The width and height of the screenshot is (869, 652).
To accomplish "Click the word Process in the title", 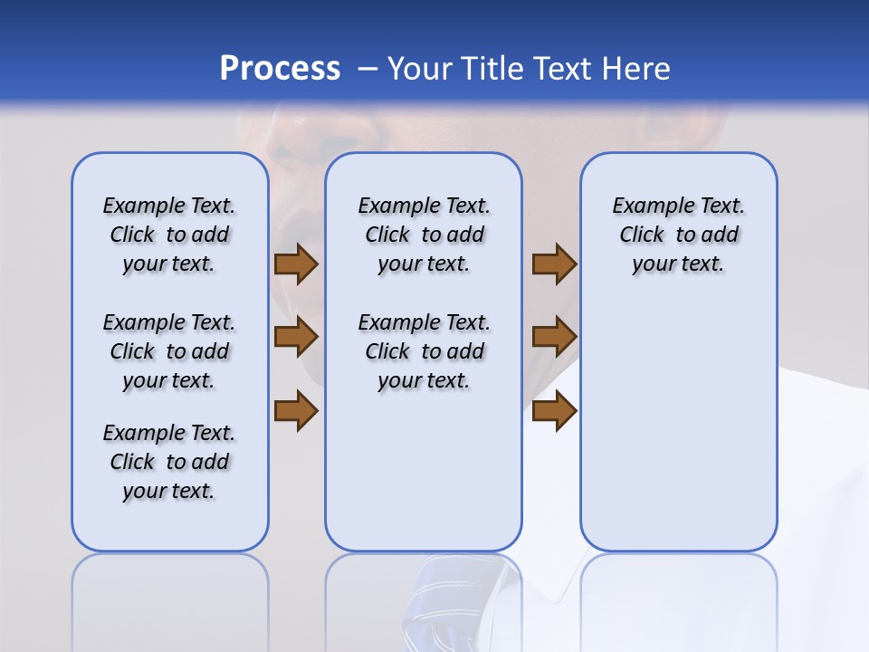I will (280, 68).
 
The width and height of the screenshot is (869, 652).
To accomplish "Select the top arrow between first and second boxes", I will (296, 264).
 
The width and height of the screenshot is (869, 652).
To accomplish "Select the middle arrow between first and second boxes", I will (296, 337).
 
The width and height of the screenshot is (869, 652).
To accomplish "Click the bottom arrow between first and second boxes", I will (296, 410).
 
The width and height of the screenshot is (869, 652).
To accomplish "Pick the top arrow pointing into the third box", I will (554, 264).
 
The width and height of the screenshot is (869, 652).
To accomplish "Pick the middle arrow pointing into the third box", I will (554, 337).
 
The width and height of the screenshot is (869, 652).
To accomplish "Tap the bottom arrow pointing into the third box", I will (554, 410).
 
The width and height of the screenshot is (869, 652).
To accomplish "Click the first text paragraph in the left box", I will (169, 235).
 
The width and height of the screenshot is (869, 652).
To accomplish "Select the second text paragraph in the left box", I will (169, 351).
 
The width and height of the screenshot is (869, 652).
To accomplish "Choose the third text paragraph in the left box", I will (169, 462).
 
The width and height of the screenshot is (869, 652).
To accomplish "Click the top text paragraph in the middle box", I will (424, 235).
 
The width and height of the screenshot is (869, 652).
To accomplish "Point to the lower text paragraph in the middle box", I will (424, 351).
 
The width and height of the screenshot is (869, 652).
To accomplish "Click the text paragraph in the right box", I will (678, 235).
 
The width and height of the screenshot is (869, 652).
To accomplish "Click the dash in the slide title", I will (368, 70).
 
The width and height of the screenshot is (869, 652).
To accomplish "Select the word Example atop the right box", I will (646, 206).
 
